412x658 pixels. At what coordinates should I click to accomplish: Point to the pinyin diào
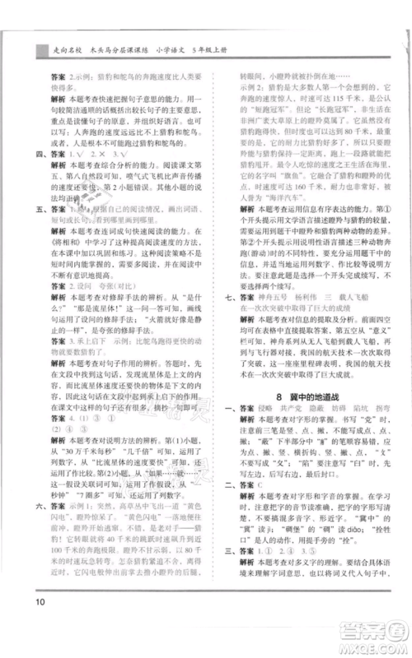362,532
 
